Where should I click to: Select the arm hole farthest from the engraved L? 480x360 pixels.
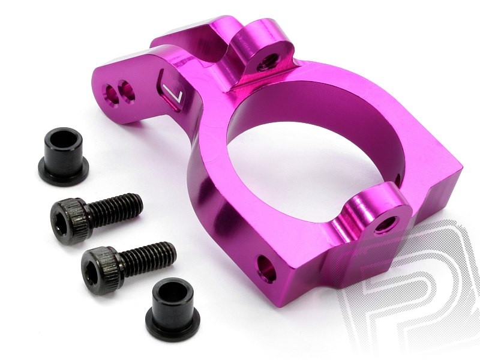pos(112,94)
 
